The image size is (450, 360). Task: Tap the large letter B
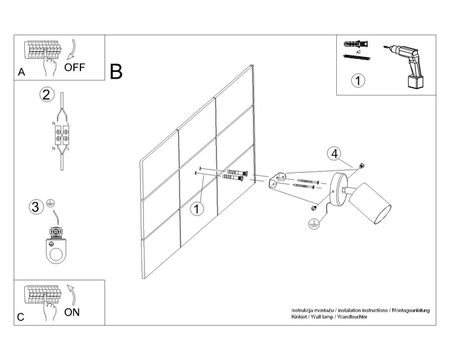tap(116, 71)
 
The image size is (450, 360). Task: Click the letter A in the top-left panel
tap(22, 73)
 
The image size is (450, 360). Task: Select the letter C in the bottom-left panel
tap(22, 318)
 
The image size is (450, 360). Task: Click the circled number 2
tap(46, 95)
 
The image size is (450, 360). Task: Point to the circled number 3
tap(37, 207)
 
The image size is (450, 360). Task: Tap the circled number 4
tap(334, 154)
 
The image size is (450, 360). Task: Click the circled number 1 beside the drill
tap(358, 81)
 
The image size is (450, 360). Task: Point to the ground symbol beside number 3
tap(50, 205)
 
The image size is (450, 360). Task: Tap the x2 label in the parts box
tap(358, 50)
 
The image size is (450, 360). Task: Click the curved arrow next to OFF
tap(72, 50)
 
